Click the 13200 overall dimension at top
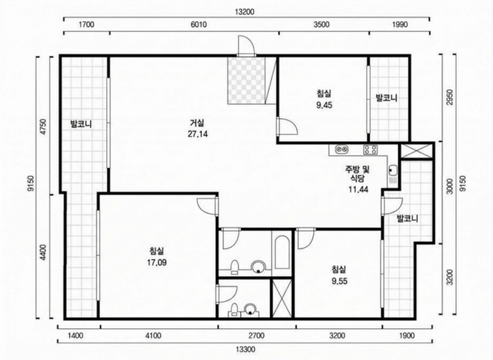244,12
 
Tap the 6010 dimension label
198,25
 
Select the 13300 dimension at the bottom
246,349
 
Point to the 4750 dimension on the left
43,127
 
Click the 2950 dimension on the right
450,98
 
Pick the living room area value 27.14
198,134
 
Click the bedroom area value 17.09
157,262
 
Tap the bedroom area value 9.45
324,105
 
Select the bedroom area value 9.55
340,281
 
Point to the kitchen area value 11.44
358,190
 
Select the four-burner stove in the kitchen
370,150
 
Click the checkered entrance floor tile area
246,80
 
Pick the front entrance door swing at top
246,46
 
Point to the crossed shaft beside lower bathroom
282,298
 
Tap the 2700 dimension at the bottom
256,336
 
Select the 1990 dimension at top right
399,25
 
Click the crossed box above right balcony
417,151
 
